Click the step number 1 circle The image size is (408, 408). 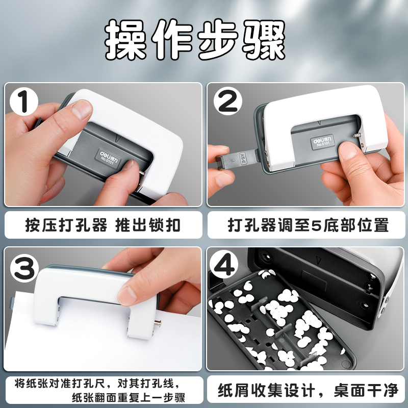coord(24,101)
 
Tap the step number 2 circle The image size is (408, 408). coord(227,101)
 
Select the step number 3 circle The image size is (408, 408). coord(24,268)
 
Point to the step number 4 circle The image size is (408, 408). coord(224,264)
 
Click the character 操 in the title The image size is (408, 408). coord(125,40)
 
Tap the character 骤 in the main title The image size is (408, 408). coord(264,40)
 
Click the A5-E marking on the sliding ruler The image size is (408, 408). coord(242,159)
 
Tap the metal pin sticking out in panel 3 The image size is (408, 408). coord(157,323)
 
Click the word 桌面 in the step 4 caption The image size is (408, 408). coord(350,390)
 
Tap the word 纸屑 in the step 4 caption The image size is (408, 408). coord(234,390)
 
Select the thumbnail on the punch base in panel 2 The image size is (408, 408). coord(349,151)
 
